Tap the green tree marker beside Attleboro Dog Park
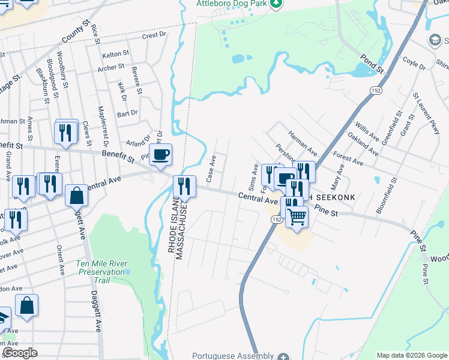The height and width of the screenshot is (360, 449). click(276, 4)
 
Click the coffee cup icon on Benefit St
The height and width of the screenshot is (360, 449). click(160, 156)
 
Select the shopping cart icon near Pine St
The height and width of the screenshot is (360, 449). click(297, 218)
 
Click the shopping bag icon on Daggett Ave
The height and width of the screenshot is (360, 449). click(76, 196)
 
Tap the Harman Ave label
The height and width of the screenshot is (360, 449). click(303, 142)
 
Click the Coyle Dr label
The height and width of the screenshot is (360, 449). click(414, 62)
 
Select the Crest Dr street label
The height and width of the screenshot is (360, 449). click(154, 35)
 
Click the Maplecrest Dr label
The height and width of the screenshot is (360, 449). click(100, 127)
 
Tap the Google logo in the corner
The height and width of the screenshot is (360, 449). click(20, 353)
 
